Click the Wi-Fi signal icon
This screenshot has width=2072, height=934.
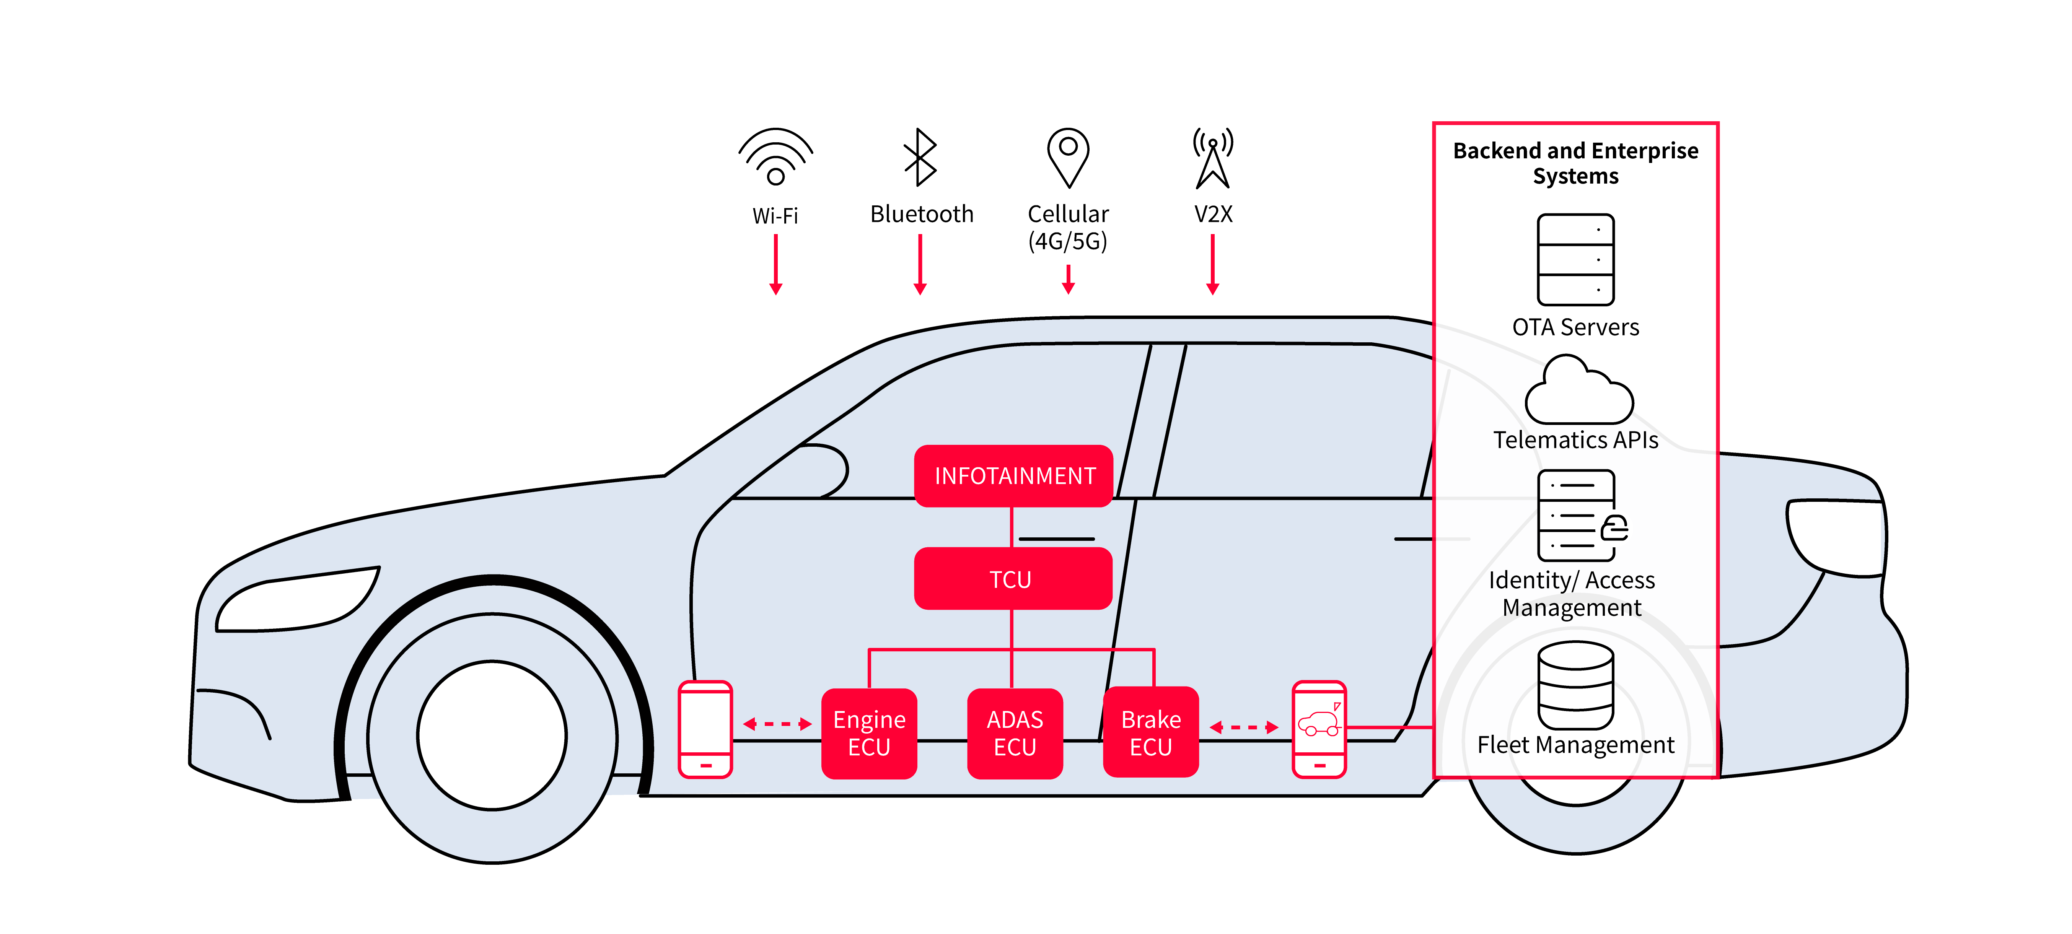[775, 157]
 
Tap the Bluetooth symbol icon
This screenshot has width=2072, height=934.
[920, 157]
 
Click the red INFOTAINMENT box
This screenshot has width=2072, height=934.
[1013, 475]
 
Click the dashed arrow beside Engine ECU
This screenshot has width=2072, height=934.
[777, 724]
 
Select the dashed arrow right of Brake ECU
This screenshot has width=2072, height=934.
[1243, 727]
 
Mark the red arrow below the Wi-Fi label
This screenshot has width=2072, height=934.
[775, 265]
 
